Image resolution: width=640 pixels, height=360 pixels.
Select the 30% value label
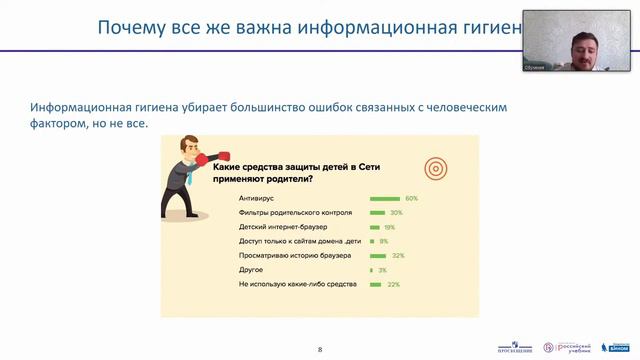coord(396,213)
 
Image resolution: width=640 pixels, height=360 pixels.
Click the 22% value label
coord(394,284)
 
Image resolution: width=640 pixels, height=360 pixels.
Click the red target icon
coord(435,166)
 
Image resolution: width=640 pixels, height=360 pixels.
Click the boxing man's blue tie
coord(189,175)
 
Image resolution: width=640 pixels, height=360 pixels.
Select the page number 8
coord(320,349)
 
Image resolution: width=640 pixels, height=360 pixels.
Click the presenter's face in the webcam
coord(584,44)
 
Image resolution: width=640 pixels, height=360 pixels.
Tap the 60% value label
coord(411,199)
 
